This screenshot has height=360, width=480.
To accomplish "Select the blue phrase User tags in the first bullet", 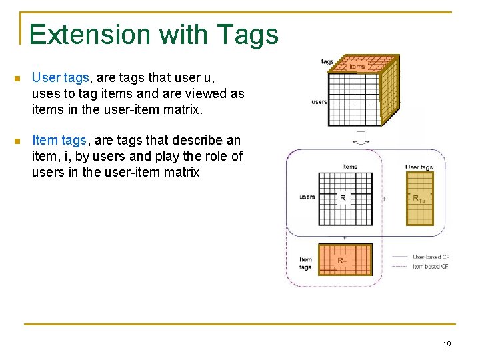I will coord(59,79).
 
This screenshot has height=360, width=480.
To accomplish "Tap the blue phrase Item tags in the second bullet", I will coord(59,140).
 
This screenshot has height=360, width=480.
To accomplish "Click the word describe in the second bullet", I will coord(197,140).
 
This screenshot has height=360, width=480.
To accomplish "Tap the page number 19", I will coord(447,345).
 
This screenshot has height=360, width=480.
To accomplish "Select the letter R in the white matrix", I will coord(343,197).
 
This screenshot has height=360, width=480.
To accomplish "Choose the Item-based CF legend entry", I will coord(430,266).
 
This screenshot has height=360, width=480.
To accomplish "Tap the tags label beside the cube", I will coord(327,62).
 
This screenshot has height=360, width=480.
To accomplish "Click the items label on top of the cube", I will coord(357,66).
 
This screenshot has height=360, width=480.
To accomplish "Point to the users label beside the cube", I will coord(319,101).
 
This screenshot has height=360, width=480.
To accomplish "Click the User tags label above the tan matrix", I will coord(419,167).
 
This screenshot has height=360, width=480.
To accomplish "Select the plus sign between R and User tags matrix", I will coord(384,199).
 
